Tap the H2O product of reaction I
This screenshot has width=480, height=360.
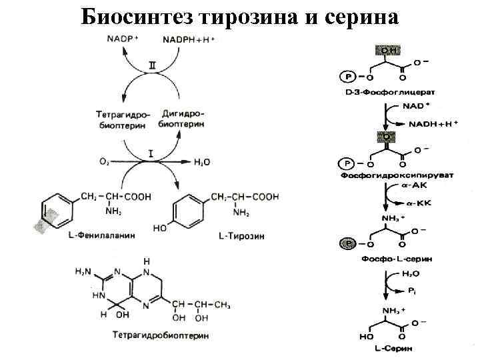[x=201, y=162]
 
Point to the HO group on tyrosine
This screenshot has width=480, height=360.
[x=160, y=228]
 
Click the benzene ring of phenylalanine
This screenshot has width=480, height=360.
[x=53, y=207]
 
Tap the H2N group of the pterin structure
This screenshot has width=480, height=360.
[x=83, y=271]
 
